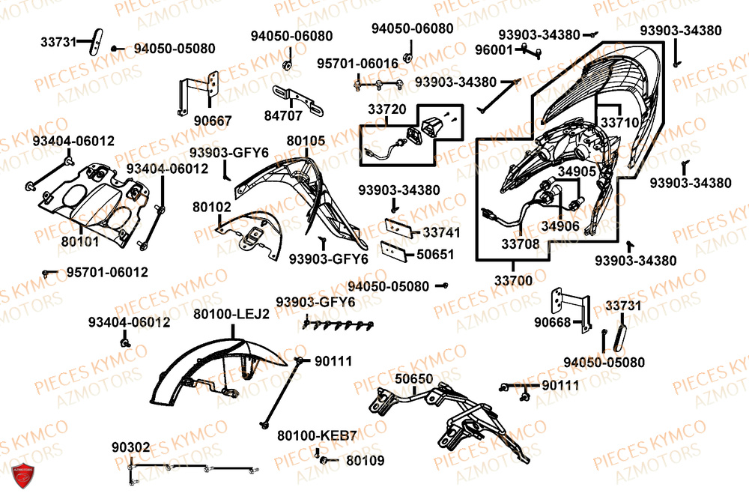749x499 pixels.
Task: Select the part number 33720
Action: pyautogui.click(x=386, y=109)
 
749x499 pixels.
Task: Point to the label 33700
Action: pyautogui.click(x=513, y=281)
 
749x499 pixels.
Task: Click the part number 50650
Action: pyautogui.click(x=413, y=378)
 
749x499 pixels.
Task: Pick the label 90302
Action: pyautogui.click(x=130, y=447)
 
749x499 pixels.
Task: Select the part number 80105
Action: pyautogui.click(x=306, y=140)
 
